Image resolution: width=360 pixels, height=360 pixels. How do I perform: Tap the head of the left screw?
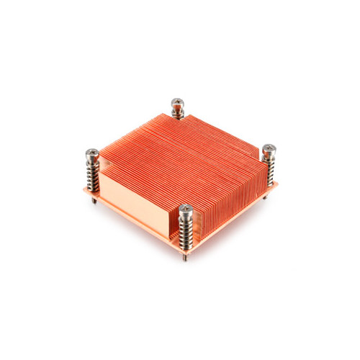(92, 153)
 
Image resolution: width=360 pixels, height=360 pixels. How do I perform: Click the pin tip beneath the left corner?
(94, 201)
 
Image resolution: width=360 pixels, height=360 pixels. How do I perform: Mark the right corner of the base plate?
(277, 185)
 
